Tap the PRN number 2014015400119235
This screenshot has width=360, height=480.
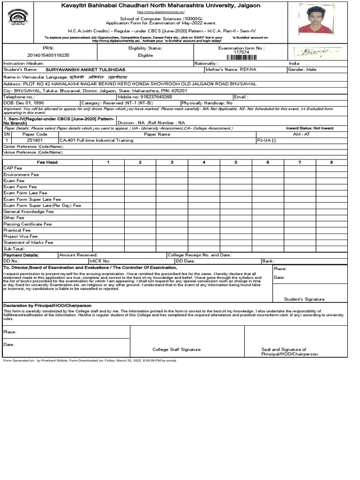pyautogui.click(x=49, y=55)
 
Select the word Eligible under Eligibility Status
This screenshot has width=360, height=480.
pyautogui.click(x=145, y=55)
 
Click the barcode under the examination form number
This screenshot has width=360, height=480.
pyautogui.click(x=241, y=57)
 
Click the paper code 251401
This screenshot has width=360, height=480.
pyautogui.click(x=35, y=140)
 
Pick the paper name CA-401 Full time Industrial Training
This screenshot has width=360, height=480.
pyautogui.click(x=96, y=140)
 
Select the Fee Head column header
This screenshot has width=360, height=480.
pyautogui.click(x=47, y=162)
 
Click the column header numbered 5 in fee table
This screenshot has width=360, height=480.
pyautogui.click(x=236, y=162)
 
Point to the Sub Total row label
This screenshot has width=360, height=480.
pyautogui.click(x=14, y=249)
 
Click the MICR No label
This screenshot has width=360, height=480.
pyautogui.click(x=100, y=261)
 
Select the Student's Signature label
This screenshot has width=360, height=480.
pyautogui.click(x=304, y=299)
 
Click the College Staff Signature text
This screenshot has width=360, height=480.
pyautogui.click(x=176, y=349)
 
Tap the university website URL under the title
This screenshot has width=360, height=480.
pyautogui.click(x=161, y=12)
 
